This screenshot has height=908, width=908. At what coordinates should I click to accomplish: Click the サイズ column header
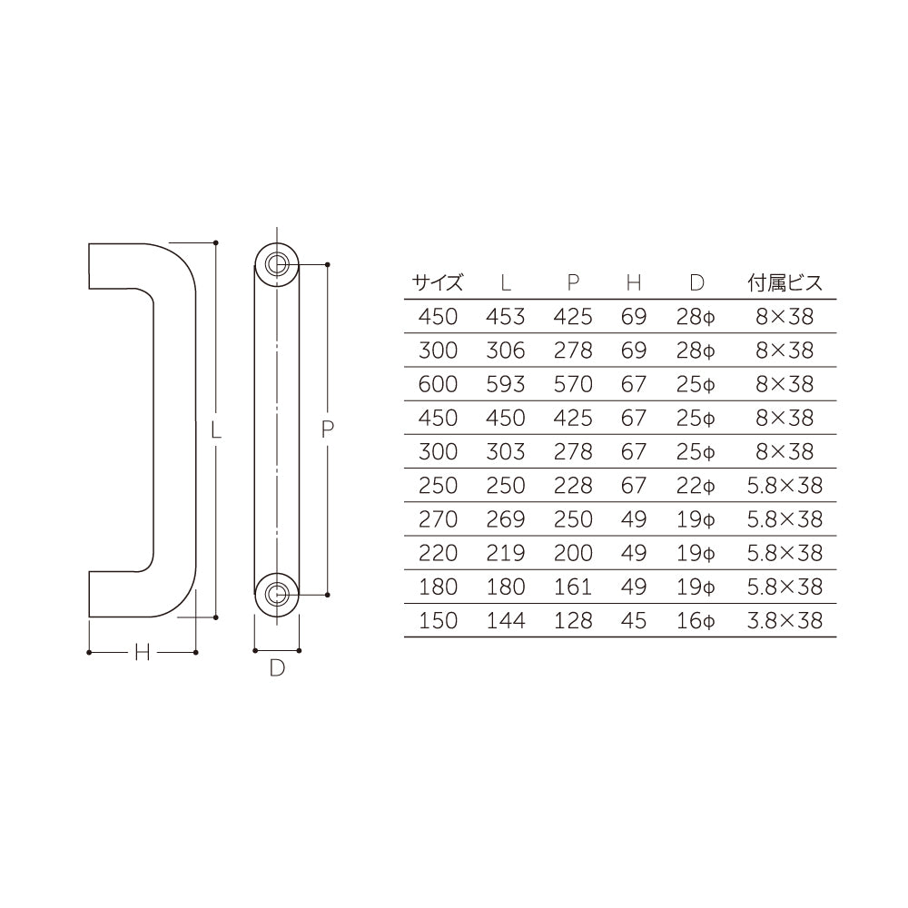438,282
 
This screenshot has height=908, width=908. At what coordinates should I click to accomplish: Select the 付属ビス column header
785,282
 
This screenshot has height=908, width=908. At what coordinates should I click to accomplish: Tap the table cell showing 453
506,316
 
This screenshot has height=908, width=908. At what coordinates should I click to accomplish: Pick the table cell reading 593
506,384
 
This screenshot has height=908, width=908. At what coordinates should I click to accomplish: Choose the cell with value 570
573,384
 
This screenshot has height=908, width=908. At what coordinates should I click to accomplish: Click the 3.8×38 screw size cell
785,620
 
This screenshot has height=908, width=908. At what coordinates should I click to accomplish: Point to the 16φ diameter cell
696,620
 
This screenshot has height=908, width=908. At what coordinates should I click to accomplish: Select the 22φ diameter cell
696,485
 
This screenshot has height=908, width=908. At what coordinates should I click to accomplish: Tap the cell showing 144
506,620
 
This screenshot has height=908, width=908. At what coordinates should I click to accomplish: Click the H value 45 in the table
634,620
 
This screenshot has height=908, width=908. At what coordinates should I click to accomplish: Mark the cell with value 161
573,587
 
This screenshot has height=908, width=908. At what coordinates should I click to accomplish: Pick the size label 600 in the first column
438,384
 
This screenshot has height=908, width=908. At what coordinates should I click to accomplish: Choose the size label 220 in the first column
438,552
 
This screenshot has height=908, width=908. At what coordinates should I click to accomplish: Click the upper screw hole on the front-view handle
277,264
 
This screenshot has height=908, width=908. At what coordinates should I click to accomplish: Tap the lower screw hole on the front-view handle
277,595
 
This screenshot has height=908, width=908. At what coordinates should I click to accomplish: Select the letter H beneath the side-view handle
142,652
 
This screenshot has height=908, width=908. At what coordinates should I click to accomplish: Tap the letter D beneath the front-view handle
278,669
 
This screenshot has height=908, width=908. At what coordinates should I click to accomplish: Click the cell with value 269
506,518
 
